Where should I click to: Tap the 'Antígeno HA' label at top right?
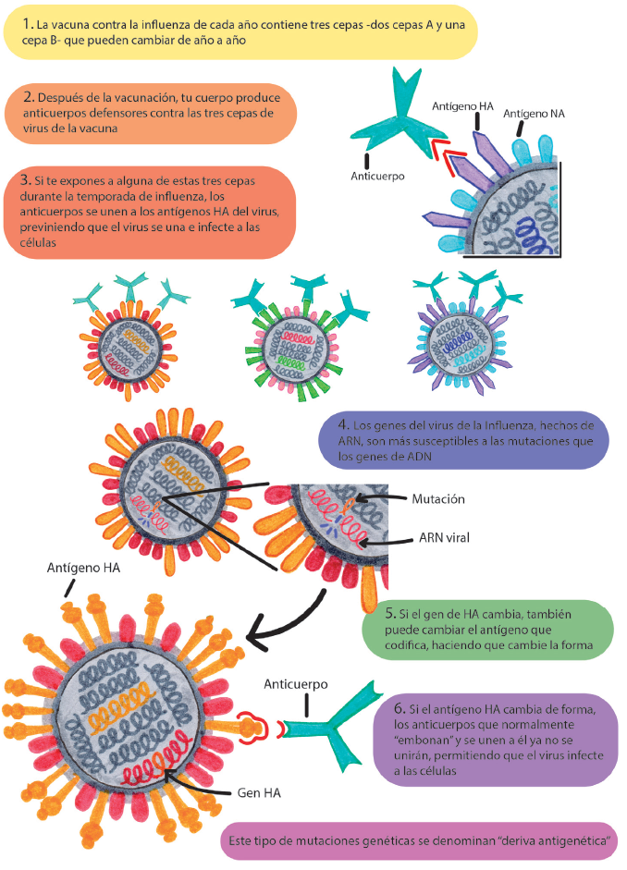463,106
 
